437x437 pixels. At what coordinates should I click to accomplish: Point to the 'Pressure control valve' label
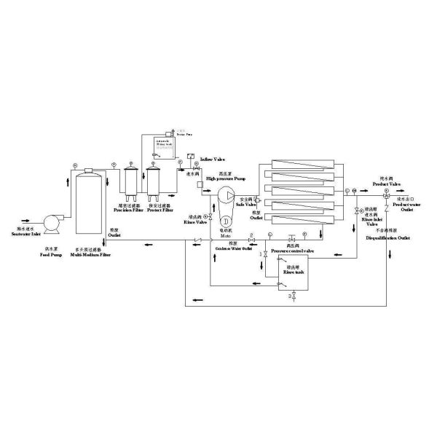[x=292, y=251]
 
